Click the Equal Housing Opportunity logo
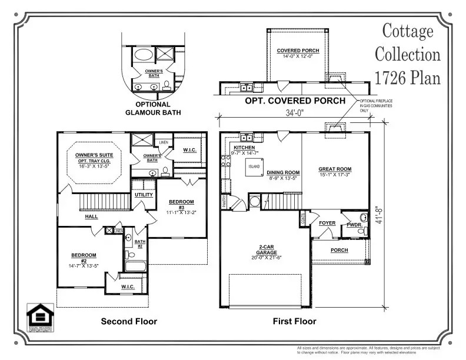click(41, 318)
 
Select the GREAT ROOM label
click(335, 169)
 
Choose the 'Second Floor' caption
click(129, 321)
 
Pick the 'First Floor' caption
click(294, 321)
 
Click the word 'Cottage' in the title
click(408, 31)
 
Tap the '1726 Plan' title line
click(408, 77)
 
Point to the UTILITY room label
click(144, 195)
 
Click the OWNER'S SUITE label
click(97, 156)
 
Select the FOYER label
click(327, 224)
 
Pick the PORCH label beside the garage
click(339, 250)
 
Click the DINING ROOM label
click(284, 172)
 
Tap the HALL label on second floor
click(91, 216)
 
